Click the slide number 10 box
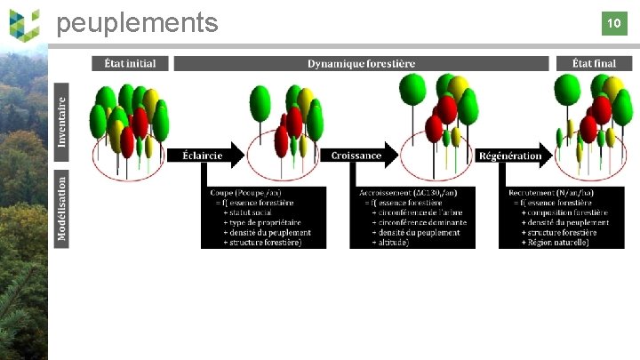(x=613, y=21)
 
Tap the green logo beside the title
(x=24, y=23)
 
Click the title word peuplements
(x=137, y=22)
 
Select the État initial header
(x=130, y=63)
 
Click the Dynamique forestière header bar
(x=361, y=64)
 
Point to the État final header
(x=594, y=63)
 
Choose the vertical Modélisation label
(x=62, y=208)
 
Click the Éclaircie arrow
(x=204, y=156)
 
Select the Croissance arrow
(x=357, y=156)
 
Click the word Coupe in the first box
(x=222, y=193)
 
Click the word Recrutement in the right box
(x=535, y=193)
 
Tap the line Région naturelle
(x=559, y=242)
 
